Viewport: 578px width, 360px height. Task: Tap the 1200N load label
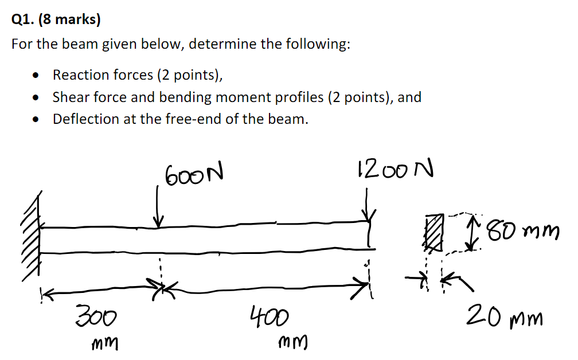click(395, 170)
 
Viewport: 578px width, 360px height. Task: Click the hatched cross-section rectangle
click(434, 232)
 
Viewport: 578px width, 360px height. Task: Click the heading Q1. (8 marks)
click(56, 21)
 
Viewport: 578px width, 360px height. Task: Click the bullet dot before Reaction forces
click(37, 75)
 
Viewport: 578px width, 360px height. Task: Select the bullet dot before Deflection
click(37, 120)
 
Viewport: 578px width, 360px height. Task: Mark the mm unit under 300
click(105, 343)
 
